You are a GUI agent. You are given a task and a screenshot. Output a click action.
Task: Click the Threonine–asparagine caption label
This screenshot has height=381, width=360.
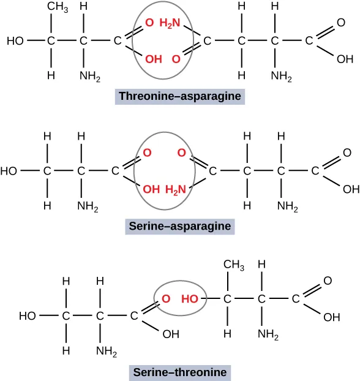(x=179, y=96)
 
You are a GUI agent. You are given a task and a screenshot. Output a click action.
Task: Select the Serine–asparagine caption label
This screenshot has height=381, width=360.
(x=179, y=226)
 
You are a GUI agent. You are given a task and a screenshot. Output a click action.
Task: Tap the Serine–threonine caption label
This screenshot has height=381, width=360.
(x=179, y=372)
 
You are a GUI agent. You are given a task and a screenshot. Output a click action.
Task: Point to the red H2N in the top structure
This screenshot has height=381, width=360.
(x=170, y=23)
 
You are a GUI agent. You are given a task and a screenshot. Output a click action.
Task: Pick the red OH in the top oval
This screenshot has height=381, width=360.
(x=154, y=59)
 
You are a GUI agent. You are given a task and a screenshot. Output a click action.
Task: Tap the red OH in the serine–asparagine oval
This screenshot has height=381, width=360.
(x=151, y=190)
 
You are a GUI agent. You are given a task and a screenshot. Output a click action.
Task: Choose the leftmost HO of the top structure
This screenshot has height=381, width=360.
(x=15, y=41)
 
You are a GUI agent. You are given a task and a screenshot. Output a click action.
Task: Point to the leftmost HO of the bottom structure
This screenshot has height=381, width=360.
(x=28, y=316)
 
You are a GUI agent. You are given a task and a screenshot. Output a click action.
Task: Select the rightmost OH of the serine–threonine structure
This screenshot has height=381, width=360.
(x=331, y=317)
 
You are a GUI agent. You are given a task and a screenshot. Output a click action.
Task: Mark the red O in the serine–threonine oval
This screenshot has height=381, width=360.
(x=165, y=300)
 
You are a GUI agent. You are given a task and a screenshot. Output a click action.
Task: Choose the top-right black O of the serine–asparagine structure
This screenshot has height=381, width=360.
(x=347, y=153)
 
